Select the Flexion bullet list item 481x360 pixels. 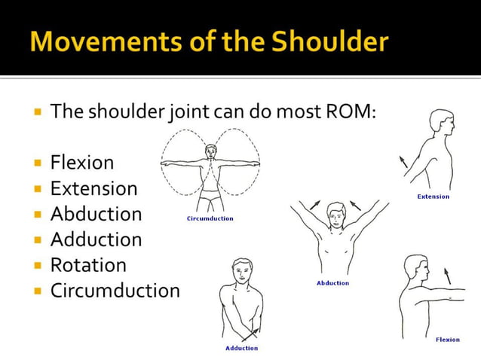(82, 162)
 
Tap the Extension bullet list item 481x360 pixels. (93, 188)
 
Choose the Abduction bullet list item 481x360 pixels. (96, 213)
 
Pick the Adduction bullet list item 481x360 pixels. (96, 239)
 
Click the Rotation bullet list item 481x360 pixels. (88, 264)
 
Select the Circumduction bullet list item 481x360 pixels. (115, 290)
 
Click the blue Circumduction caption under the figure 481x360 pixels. (210, 218)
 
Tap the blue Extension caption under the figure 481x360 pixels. (433, 197)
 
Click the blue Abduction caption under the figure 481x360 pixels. (332, 283)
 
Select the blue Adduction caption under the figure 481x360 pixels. (241, 348)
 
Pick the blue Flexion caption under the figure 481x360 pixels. (447, 340)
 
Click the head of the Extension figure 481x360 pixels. (440, 124)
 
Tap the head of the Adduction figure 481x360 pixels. (241, 270)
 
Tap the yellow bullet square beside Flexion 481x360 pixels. (37, 162)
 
